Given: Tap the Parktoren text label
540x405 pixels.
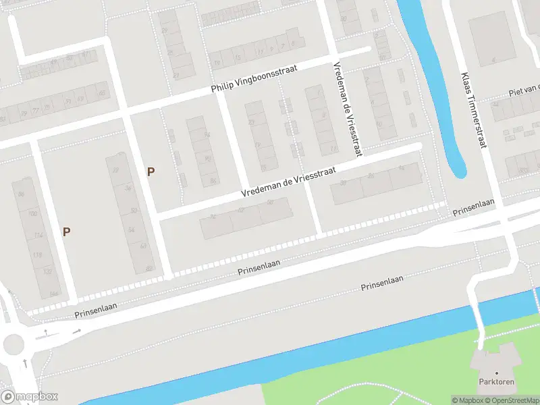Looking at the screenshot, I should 497,381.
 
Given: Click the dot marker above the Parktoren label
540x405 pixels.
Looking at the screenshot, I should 497,373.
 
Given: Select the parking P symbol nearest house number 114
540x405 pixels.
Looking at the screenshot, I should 66,232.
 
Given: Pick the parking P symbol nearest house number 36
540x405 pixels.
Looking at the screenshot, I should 151,172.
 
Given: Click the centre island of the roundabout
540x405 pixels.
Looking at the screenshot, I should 13,344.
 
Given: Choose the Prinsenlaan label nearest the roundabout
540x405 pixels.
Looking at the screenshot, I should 95,306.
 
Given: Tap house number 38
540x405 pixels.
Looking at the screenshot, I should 344,183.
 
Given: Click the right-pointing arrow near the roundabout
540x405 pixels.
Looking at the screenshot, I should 77,331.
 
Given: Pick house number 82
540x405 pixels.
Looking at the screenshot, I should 149,269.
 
